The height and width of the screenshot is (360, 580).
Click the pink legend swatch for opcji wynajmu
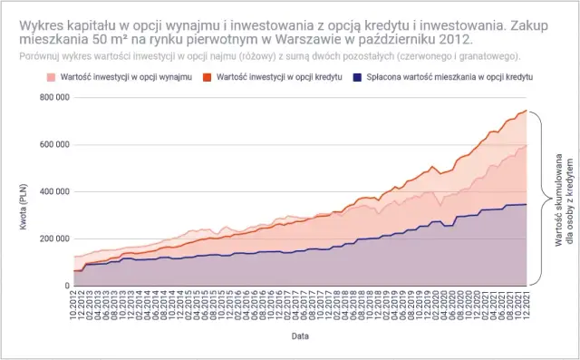tap(51, 77)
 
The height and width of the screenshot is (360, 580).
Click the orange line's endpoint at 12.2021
tap(527, 111)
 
